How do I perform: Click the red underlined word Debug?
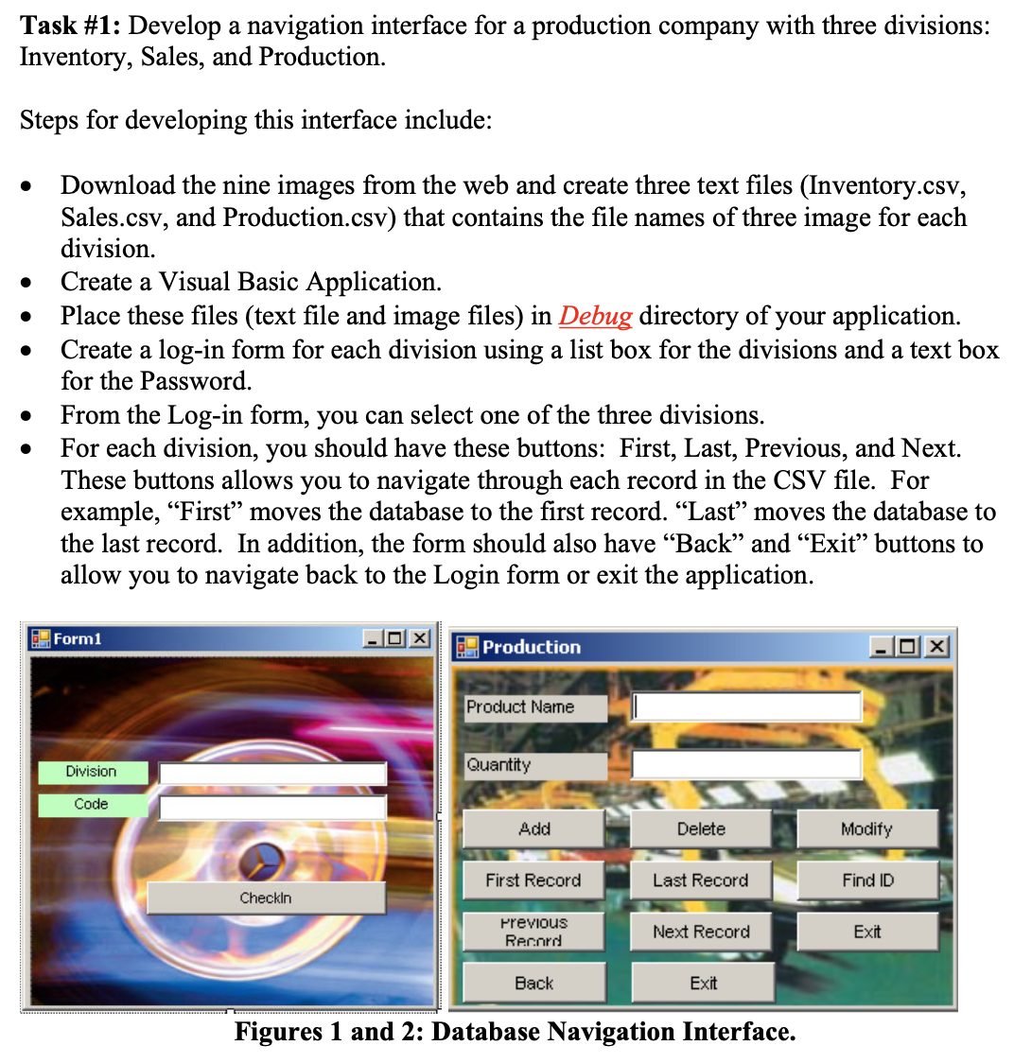595,316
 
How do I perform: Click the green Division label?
92,772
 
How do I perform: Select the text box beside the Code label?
272,807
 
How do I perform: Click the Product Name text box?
746,706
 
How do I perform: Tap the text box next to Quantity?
746,764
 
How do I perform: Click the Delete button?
701,829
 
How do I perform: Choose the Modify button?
866,829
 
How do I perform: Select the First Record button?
533,880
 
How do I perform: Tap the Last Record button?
701,880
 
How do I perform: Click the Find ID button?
867,880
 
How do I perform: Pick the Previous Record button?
533,932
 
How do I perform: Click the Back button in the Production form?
533,984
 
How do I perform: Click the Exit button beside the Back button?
703,984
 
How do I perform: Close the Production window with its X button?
936,647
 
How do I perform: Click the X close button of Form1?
419,638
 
